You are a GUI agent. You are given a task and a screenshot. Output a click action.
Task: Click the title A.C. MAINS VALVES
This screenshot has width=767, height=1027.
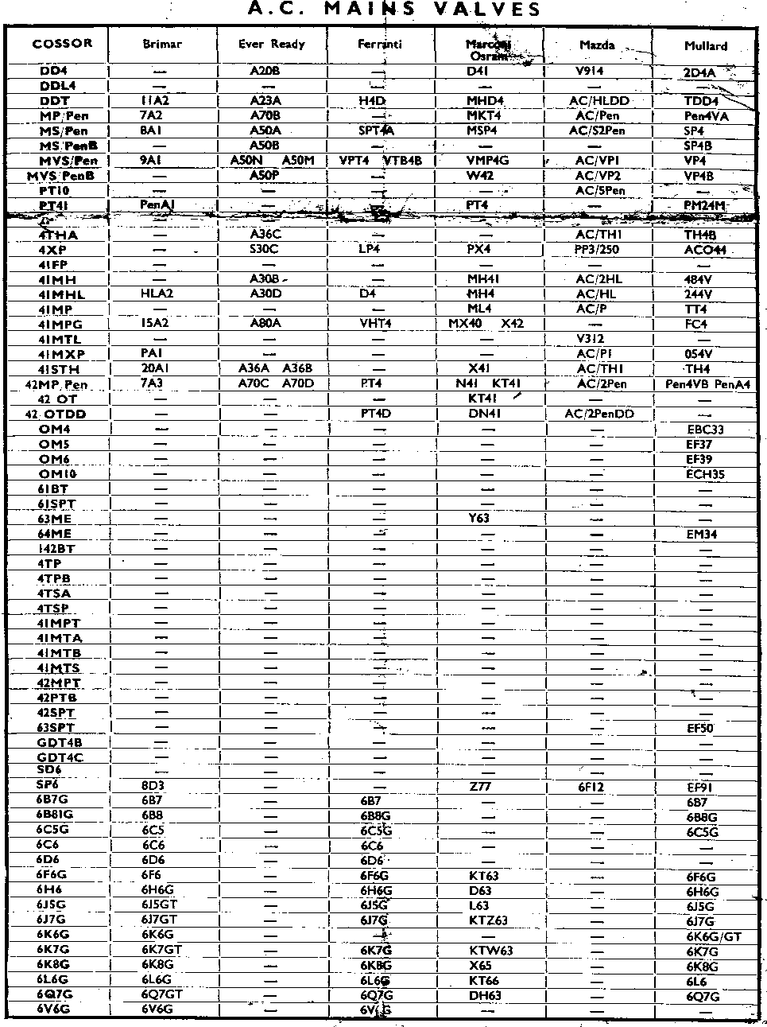coord(394,10)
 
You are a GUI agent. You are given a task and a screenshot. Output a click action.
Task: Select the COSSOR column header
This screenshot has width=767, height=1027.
coord(62,44)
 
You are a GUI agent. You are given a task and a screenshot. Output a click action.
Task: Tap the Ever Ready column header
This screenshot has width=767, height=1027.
coord(272,45)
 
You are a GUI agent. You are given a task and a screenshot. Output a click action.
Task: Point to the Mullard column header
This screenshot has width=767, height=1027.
coord(706,46)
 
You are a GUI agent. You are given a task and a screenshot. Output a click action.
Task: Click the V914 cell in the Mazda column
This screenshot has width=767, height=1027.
coord(589,71)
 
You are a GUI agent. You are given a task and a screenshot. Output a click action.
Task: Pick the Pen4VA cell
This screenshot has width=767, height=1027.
coord(707,116)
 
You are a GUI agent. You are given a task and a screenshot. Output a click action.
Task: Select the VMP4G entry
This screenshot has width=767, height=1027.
coord(487,161)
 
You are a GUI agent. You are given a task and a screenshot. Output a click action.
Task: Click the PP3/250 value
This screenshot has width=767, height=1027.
coord(596,250)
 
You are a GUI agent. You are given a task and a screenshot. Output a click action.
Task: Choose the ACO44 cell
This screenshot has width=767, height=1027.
coord(705,251)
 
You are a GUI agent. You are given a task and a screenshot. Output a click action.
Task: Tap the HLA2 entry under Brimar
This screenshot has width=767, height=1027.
coord(157,294)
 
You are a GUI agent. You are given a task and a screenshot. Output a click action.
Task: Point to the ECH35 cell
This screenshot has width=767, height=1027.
coord(705,474)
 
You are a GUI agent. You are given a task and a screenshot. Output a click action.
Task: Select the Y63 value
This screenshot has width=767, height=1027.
coord(479,518)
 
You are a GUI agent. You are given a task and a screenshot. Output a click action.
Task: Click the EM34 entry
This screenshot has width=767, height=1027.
coord(702,535)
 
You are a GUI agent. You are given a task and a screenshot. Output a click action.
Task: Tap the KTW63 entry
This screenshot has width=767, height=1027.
coord(491,951)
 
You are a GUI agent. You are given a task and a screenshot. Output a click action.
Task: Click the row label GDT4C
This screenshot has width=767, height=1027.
coord(60,757)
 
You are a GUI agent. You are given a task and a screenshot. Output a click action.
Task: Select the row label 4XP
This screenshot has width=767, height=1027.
coord(52,250)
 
